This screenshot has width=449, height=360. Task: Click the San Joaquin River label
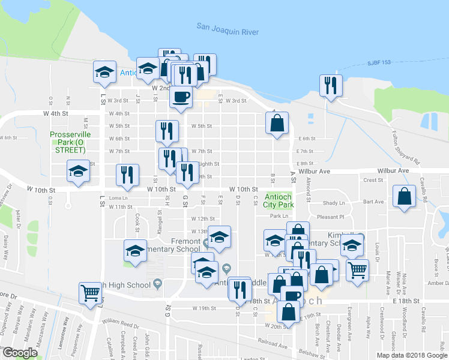click(x=228, y=28)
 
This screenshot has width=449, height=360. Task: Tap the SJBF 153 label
click(x=378, y=63)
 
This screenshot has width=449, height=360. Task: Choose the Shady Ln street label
click(x=334, y=203)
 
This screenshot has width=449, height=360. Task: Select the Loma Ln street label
click(x=119, y=197)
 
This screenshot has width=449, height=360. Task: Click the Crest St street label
click(x=373, y=180)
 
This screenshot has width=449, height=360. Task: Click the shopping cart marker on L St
click(x=90, y=294)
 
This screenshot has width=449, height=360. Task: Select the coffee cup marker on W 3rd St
click(x=181, y=97)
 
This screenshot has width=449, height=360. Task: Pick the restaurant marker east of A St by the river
click(x=330, y=86)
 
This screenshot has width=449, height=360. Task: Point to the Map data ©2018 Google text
click(x=411, y=355)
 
